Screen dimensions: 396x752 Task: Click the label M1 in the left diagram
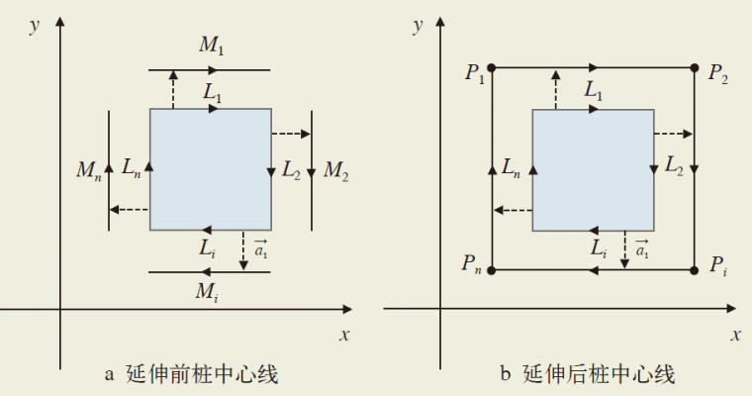pyautogui.click(x=212, y=46)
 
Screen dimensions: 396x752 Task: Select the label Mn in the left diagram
pyautogui.click(x=88, y=169)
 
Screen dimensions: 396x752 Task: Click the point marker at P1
pyautogui.click(x=494, y=68)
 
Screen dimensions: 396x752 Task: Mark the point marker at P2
pyautogui.click(x=695, y=68)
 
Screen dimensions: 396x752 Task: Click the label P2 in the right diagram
pyautogui.click(x=718, y=72)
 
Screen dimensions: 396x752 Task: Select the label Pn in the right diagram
pyautogui.click(x=471, y=264)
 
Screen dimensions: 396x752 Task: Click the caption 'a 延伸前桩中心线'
pyautogui.click(x=191, y=373)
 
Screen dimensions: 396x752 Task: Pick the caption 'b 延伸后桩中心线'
pyautogui.click(x=587, y=373)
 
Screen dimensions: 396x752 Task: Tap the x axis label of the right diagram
pyautogui.click(x=735, y=334)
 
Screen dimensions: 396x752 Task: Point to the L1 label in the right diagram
pyautogui.click(x=594, y=91)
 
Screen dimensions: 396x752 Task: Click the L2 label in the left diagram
pyautogui.click(x=290, y=169)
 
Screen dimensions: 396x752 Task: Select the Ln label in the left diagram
pyautogui.click(x=132, y=169)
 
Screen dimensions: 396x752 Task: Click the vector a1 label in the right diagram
pyautogui.click(x=642, y=251)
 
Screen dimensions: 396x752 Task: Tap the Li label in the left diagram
pyautogui.click(x=207, y=249)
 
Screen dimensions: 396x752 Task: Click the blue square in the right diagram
pyautogui.click(x=593, y=169)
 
